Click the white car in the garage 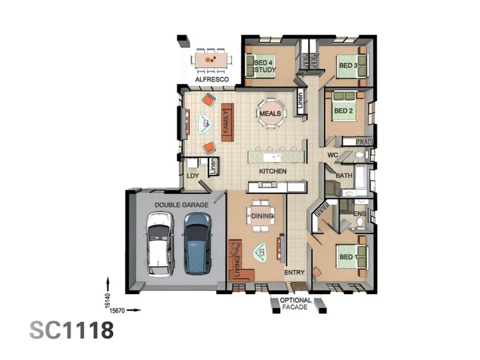pos(160,243)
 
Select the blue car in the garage pos(197,243)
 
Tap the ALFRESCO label pos(212,79)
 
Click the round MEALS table pos(271,113)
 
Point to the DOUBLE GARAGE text pos(181,205)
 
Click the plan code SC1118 pos(71,330)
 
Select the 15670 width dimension pos(117,311)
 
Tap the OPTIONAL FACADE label pos(295,304)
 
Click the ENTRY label pos(295,272)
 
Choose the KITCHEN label pos(273,171)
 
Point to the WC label pos(333,155)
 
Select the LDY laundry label pos(193,176)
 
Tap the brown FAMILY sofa pos(227,122)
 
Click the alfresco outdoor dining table pos(211,60)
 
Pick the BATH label pos(344,176)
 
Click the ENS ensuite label pos(360,214)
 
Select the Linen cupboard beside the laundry pos(213,167)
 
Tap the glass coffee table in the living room pos(261,253)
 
